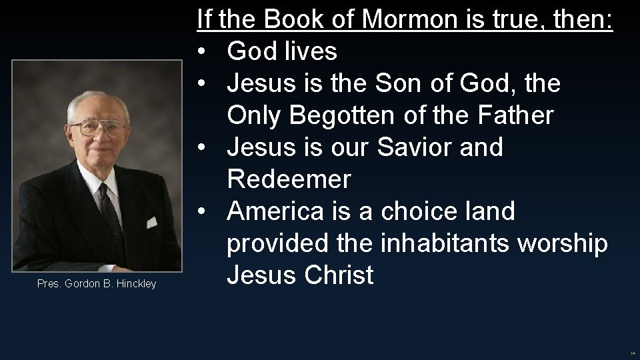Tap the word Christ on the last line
(x=339, y=275)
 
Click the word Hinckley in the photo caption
(x=135, y=284)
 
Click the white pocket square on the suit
(x=151, y=222)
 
